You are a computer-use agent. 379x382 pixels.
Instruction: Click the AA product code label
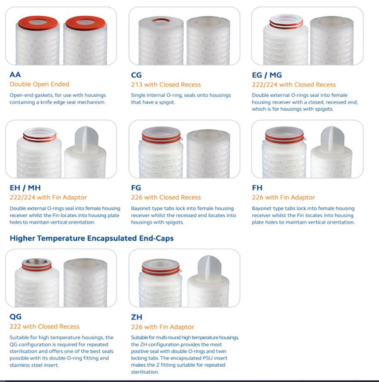pos(15,74)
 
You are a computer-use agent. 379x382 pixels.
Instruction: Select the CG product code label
pos(137,74)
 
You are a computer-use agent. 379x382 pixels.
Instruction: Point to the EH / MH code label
pos(24,188)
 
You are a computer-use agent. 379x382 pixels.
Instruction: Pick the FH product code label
pos(258,188)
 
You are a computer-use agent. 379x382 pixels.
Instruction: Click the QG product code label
pos(16,316)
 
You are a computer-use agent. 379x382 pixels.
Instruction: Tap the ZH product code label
pos(137,316)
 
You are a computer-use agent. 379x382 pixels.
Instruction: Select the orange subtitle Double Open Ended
pos(39,84)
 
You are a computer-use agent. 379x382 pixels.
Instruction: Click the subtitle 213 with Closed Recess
pos(165,84)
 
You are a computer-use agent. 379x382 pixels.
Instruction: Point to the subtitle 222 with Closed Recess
pos(44,326)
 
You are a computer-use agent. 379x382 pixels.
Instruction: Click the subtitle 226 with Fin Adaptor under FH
pos(284,198)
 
